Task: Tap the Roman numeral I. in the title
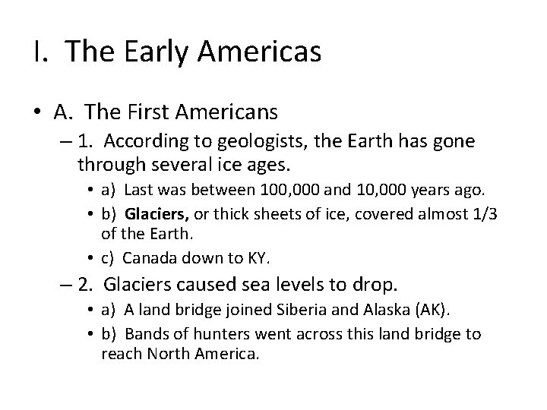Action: [x=40, y=52]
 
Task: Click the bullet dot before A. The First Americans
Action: [x=37, y=113]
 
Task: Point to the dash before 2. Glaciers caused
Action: [x=64, y=286]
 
